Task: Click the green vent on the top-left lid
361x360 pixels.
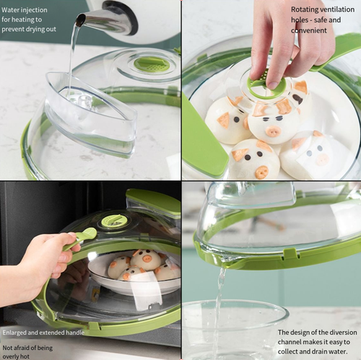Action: [152, 64]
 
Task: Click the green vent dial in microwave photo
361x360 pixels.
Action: [113, 220]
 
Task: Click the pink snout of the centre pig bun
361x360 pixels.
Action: [273, 131]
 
